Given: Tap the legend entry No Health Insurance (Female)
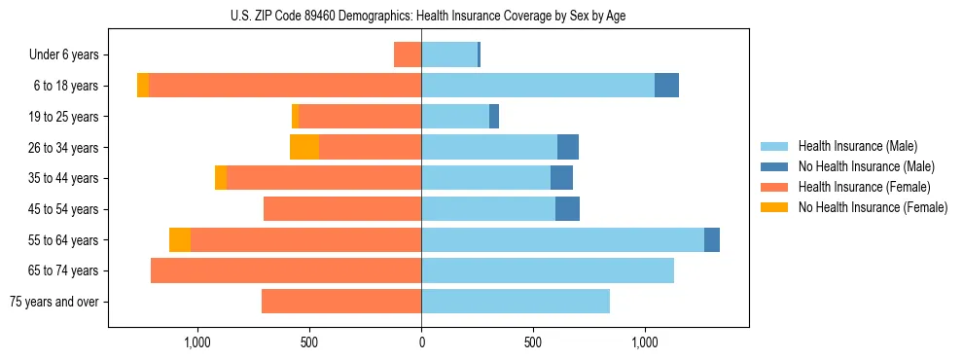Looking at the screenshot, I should click(873, 207).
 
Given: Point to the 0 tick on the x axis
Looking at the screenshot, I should click(421, 342).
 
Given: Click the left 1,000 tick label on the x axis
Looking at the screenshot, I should click(197, 342).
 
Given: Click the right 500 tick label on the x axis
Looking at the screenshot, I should click(533, 342).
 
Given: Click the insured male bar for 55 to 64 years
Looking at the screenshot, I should click(562, 239).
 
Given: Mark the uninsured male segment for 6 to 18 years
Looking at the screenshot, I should click(666, 86).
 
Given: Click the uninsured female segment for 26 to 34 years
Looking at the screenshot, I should click(304, 147).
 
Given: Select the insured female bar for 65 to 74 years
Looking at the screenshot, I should click(286, 270).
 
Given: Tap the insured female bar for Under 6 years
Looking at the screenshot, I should click(408, 54).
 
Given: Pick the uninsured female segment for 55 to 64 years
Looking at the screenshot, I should click(180, 239).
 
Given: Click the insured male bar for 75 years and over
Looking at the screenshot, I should click(516, 302).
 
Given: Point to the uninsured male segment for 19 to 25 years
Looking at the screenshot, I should click(494, 116).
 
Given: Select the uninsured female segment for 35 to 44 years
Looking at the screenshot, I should click(221, 178).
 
